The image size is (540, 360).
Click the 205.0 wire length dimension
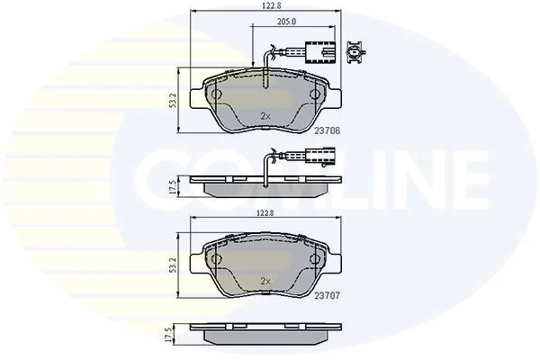point(286,22)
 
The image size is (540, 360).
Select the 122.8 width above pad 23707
point(265,213)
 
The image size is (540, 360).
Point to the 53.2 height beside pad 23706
point(173,100)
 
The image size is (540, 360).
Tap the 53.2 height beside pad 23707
point(173,265)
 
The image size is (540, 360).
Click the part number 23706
point(327,130)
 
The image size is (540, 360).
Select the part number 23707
point(327,295)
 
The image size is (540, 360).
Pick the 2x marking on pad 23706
point(265,116)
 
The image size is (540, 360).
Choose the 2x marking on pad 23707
point(265,281)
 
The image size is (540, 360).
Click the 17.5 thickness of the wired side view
point(173,186)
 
